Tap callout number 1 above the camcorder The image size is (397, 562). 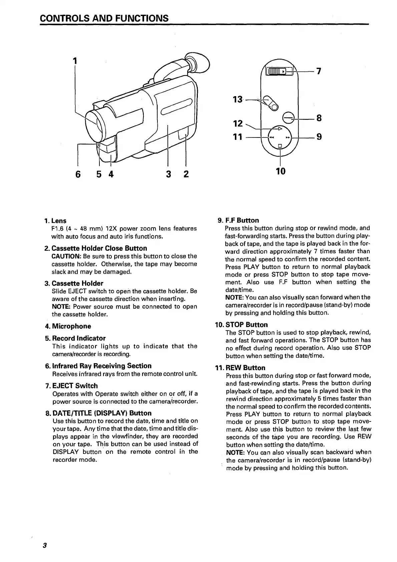point(75,60)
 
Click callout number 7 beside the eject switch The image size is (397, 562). point(319,71)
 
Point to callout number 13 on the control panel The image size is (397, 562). point(238,99)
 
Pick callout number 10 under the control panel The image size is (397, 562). point(281,171)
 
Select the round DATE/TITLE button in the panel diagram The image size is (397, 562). point(288,117)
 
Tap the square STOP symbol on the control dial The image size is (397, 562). point(280,146)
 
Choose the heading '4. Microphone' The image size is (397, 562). point(68,326)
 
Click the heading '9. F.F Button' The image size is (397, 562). point(238,220)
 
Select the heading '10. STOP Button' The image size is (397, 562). point(242,325)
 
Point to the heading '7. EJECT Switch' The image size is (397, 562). point(71,386)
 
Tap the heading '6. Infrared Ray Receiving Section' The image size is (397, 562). point(98,366)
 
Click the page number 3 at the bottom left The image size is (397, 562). point(44,546)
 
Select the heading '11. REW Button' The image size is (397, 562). point(241,368)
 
